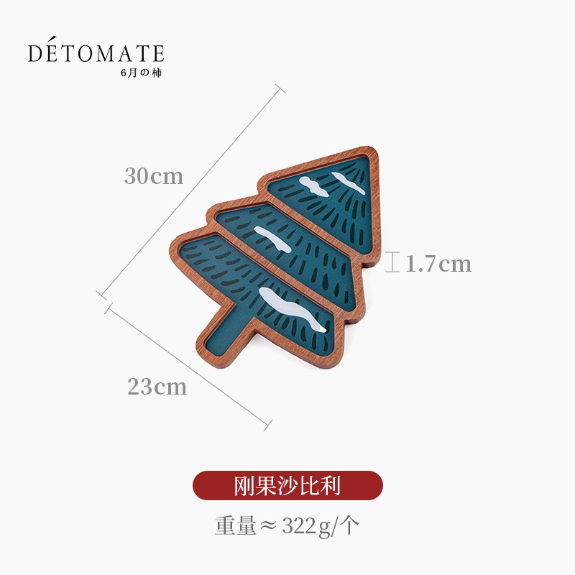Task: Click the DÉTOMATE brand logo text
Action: [x=96, y=53]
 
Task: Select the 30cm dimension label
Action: [x=154, y=176]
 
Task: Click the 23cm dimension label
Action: [x=157, y=387]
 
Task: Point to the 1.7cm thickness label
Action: [x=438, y=264]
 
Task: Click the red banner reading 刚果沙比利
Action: [x=287, y=486]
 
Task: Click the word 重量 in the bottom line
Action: [x=235, y=527]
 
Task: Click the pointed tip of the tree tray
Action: [x=372, y=153]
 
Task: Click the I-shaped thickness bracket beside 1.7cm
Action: [x=392, y=262]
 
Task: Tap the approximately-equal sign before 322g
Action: [x=269, y=527]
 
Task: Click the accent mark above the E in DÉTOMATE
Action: [x=51, y=41]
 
